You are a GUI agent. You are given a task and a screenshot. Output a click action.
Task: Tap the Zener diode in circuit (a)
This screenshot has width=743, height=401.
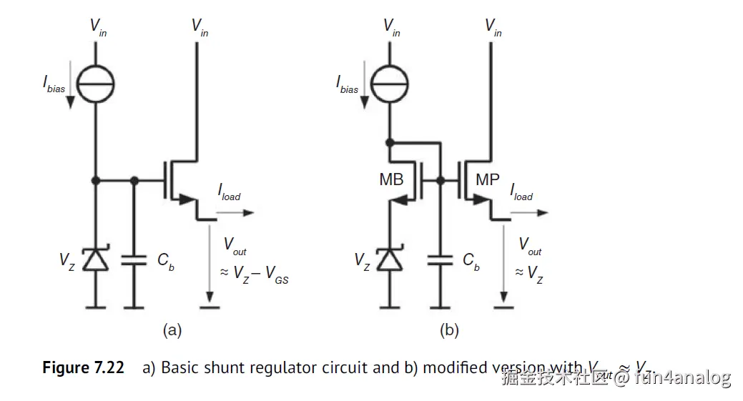click(x=95, y=260)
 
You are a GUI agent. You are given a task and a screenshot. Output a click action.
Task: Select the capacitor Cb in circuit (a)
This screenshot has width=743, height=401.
click(x=134, y=262)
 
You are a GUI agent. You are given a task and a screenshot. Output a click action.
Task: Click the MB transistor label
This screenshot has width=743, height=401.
click(x=392, y=179)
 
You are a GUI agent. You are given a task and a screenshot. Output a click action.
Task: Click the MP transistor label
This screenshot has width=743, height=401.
click(x=487, y=179)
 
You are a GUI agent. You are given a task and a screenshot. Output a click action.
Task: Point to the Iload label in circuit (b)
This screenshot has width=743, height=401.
click(x=521, y=192)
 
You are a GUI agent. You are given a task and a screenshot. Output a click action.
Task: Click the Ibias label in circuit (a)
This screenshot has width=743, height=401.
click(x=54, y=85)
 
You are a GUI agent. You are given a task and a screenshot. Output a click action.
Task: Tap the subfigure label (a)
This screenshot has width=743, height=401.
click(x=172, y=330)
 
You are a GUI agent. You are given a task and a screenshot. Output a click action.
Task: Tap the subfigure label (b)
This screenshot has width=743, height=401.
click(x=449, y=330)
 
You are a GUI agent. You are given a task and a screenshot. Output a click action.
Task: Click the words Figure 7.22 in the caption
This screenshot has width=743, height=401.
click(x=83, y=368)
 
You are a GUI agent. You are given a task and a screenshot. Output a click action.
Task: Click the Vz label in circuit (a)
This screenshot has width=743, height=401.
click(x=67, y=260)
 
